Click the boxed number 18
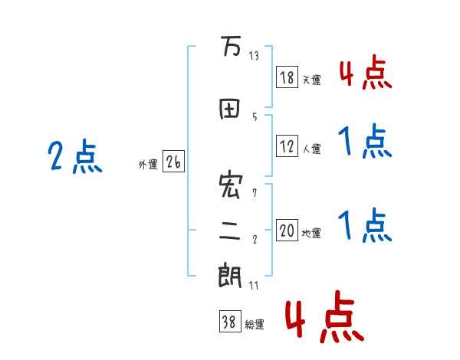coord(287,77)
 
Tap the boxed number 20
coord(287,231)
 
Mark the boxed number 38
coord(229,322)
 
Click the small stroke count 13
coord(254,55)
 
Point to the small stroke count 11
coord(254,285)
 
